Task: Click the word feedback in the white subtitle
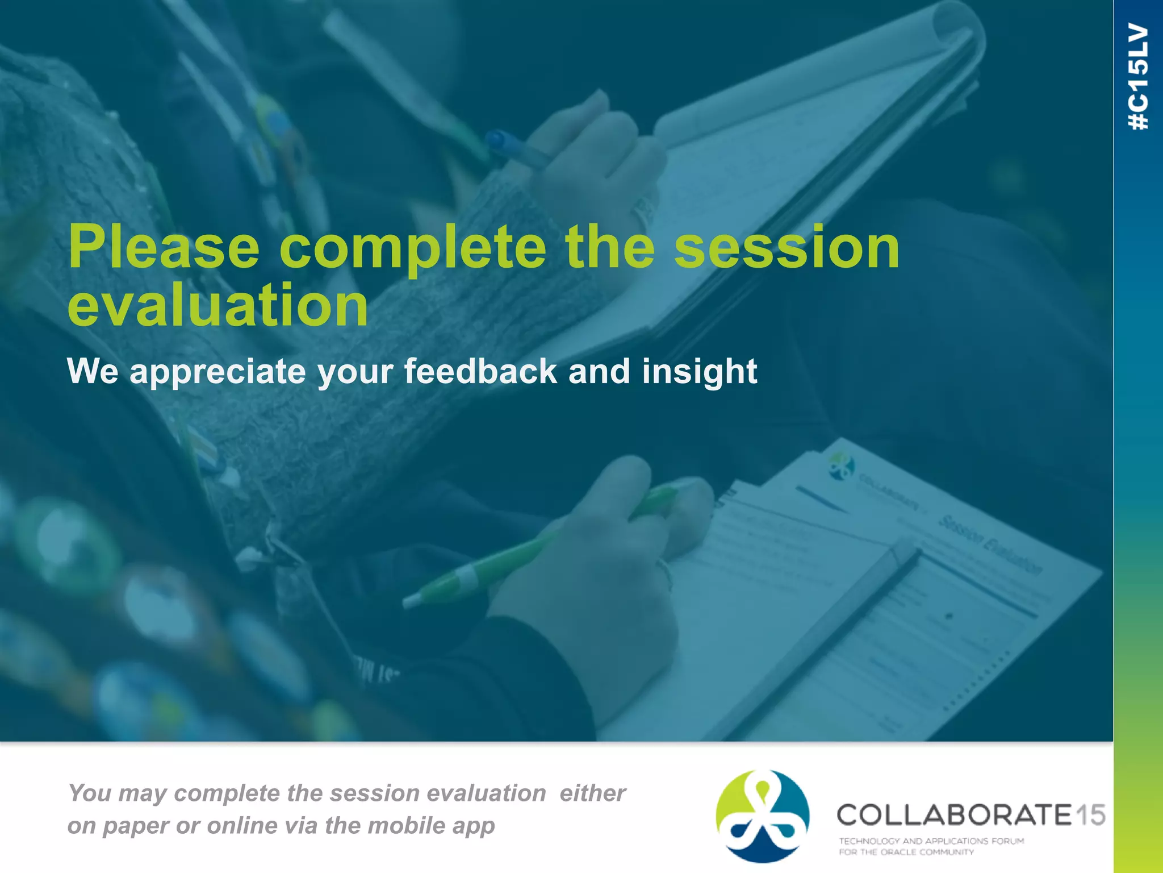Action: tap(480, 372)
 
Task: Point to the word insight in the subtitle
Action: tap(699, 372)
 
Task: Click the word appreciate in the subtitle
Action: tap(217, 372)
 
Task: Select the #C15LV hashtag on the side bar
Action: tap(1138, 77)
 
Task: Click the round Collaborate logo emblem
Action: tap(762, 816)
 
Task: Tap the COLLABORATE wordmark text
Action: tap(953, 815)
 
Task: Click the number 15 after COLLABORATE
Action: tap(1090, 815)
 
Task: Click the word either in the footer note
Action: tap(592, 793)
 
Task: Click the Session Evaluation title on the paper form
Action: tap(991, 545)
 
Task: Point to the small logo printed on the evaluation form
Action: tap(841, 465)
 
